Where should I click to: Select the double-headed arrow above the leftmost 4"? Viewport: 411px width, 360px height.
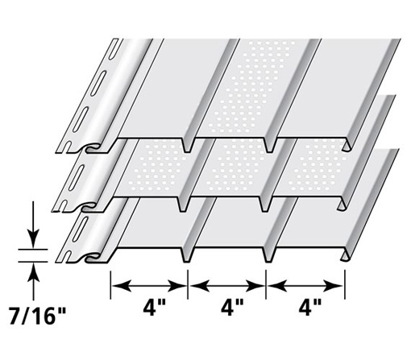(x=149, y=284)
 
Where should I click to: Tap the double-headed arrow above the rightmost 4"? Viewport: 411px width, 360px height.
(x=306, y=284)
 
